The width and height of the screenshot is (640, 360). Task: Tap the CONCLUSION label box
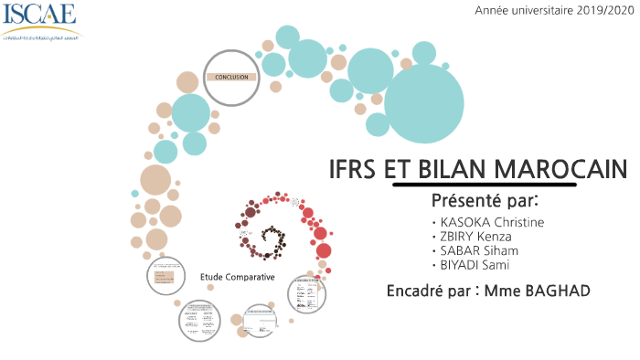point(231,78)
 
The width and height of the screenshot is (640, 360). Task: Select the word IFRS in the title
point(354,169)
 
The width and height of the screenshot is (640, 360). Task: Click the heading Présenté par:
point(484,199)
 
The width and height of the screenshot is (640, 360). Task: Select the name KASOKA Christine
point(492,222)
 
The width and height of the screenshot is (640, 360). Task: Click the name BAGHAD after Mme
point(557,291)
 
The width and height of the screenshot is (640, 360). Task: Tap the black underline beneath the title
point(484,184)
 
